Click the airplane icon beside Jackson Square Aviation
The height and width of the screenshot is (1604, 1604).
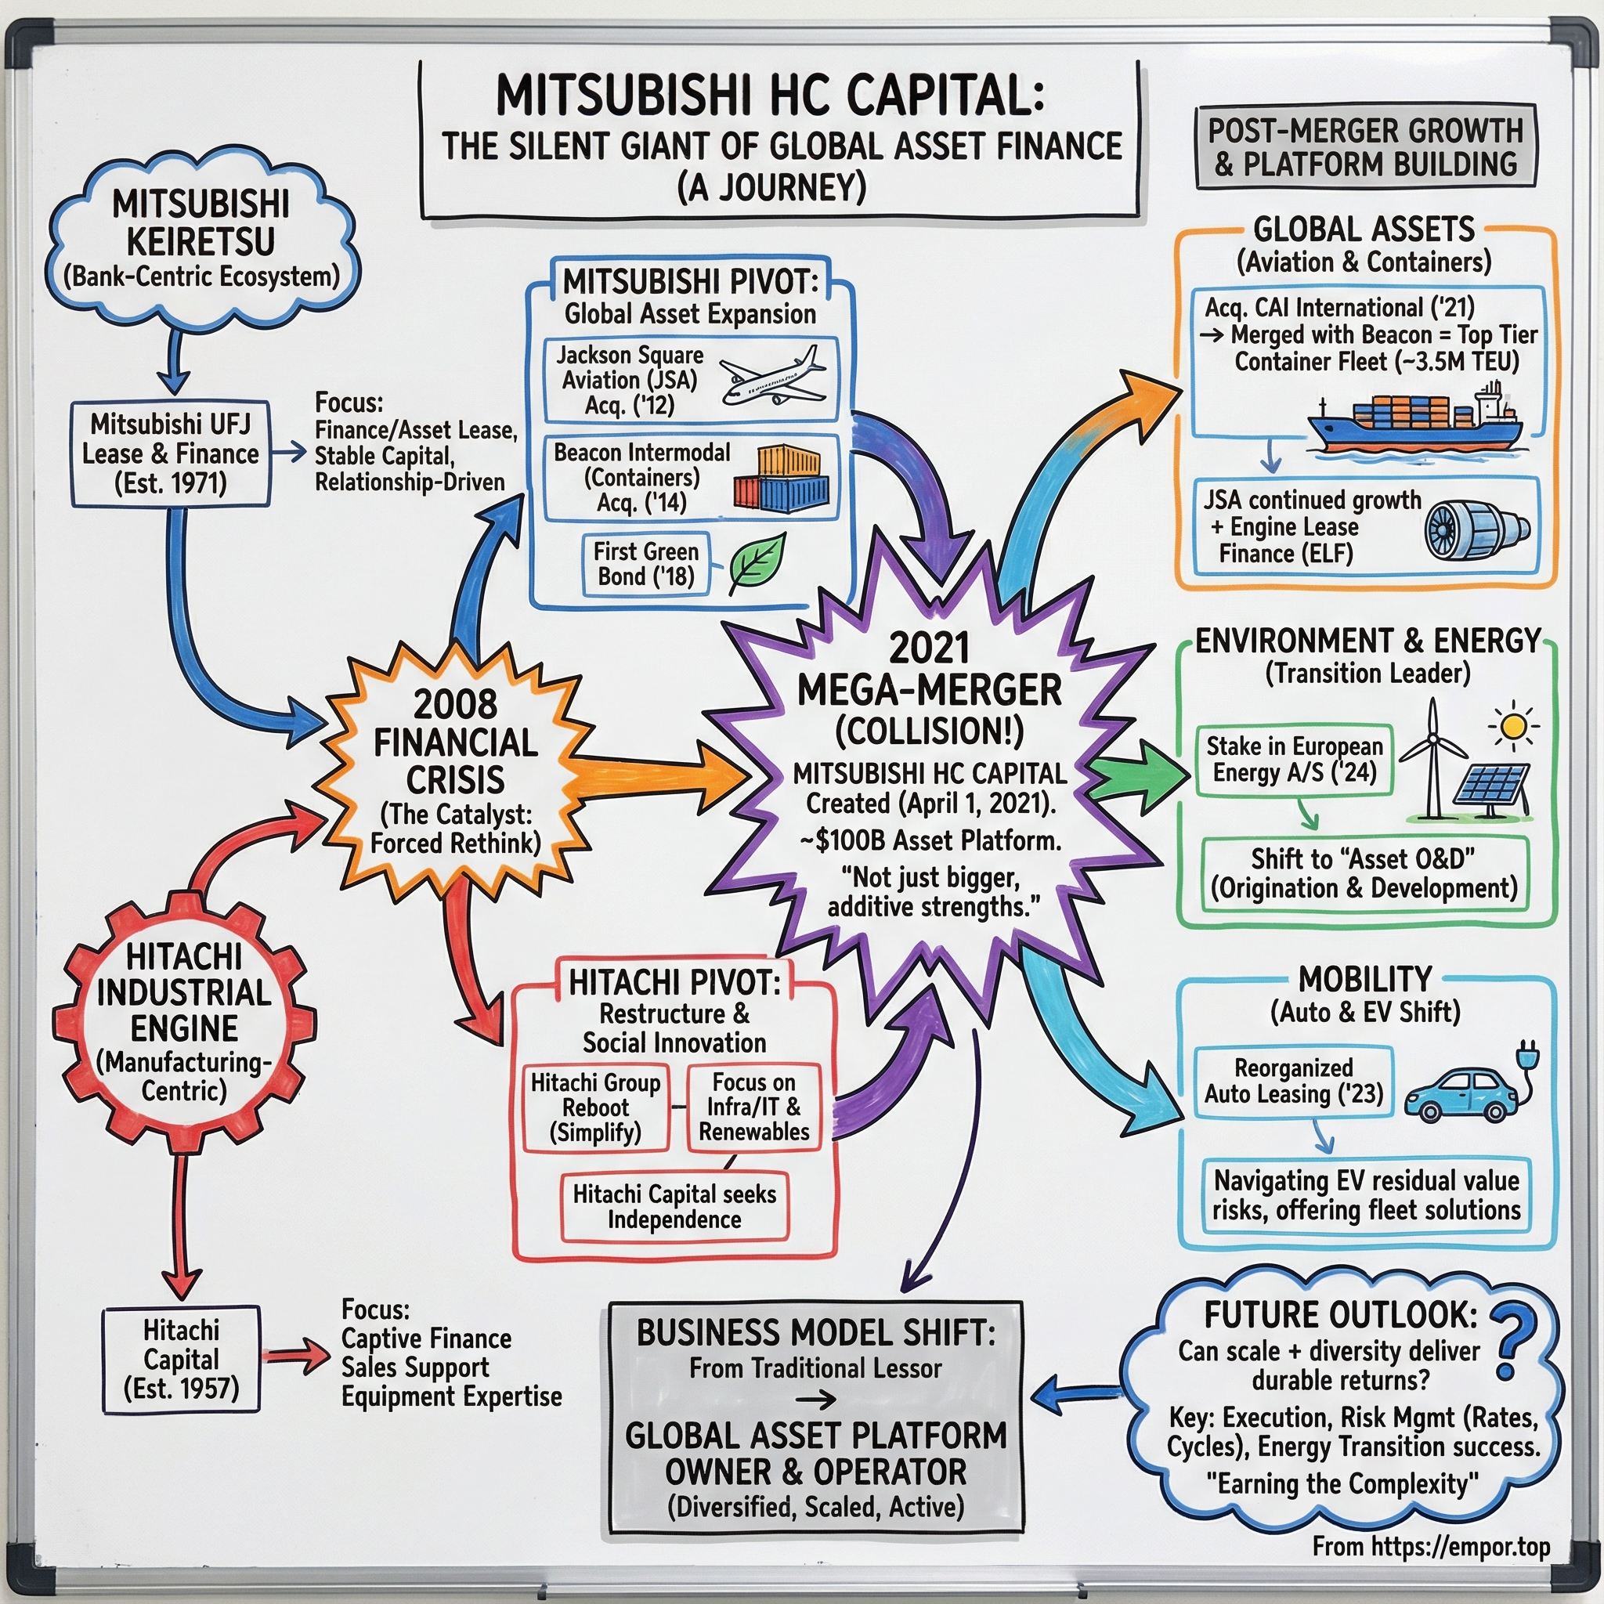[772, 378]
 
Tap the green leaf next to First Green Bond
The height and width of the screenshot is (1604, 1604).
[757, 563]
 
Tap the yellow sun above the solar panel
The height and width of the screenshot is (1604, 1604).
[1512, 728]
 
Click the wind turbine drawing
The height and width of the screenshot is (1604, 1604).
[1434, 756]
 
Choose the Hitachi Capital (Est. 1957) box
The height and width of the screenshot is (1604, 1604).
[181, 1359]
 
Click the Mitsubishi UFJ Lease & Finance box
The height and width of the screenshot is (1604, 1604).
[171, 454]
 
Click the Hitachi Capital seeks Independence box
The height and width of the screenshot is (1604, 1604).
[674, 1206]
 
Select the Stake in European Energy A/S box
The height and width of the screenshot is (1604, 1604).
[1295, 760]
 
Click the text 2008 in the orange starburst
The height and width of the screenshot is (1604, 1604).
[455, 704]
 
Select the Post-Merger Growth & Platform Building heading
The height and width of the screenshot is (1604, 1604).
[1365, 147]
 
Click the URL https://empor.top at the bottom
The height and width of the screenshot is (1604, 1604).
[1461, 1547]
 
